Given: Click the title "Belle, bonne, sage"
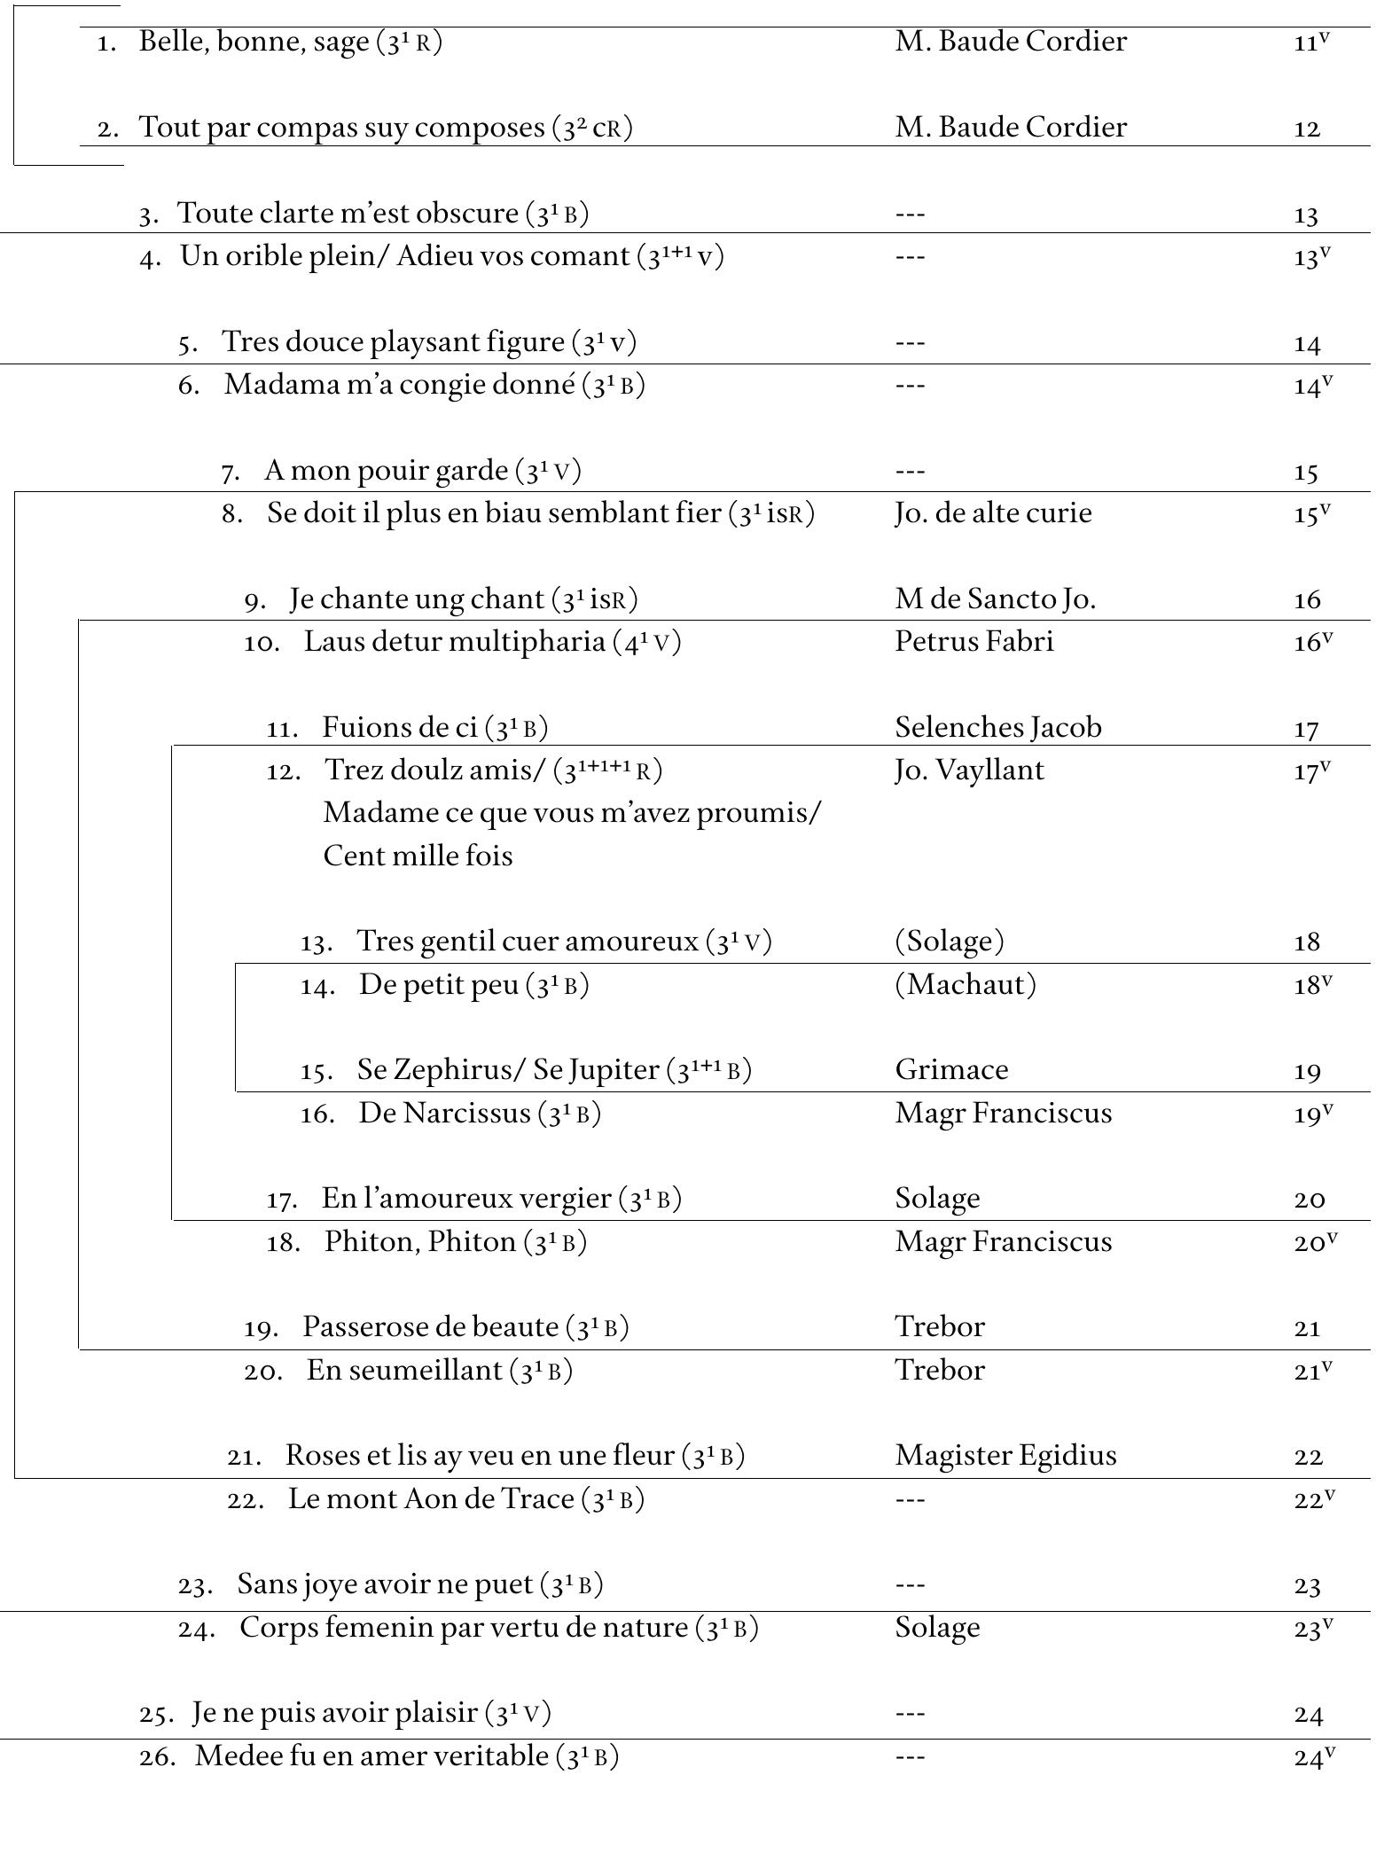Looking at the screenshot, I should click(254, 42).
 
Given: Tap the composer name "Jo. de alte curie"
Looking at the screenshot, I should click(993, 513).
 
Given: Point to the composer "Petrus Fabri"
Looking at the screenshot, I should click(974, 641).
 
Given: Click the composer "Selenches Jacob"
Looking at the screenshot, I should click(998, 728).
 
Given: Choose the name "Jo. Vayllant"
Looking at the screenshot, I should click(969, 770).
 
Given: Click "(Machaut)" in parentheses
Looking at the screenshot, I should click(966, 984).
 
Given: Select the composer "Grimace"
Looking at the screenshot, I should click(951, 1070).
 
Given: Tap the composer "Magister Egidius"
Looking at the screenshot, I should click(1005, 1456).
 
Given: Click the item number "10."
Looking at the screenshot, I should click(262, 643).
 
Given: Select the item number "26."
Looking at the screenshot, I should click(157, 1757).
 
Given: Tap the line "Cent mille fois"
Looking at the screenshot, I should click(418, 856).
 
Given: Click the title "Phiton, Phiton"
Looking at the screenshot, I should click(420, 1241).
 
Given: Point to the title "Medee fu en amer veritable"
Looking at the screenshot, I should click(371, 1756).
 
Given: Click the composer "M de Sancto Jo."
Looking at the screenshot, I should click(996, 599).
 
